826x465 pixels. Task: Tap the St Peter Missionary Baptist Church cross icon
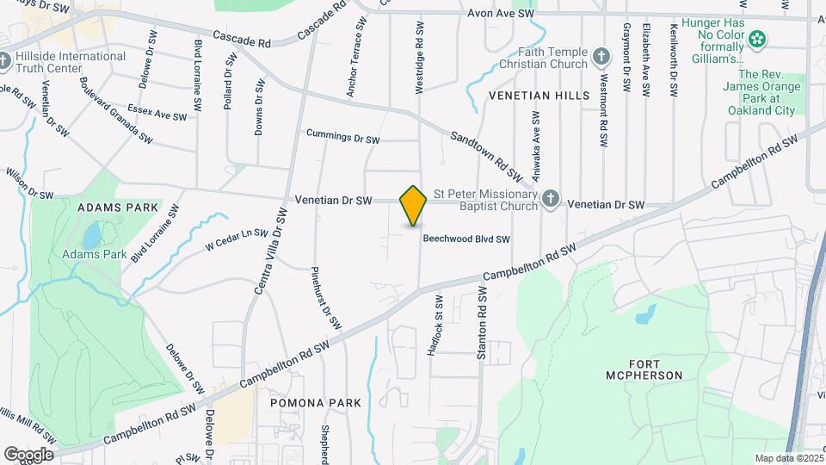click(x=551, y=201)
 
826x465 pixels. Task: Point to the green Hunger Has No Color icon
click(x=757, y=39)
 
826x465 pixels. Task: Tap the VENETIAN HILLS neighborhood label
click(x=539, y=96)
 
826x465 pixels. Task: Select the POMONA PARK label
click(x=316, y=403)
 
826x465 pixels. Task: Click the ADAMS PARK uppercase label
click(x=118, y=208)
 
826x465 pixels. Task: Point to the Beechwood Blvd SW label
click(x=466, y=239)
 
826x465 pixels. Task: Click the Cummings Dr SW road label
click(x=342, y=137)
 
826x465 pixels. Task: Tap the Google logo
click(x=28, y=454)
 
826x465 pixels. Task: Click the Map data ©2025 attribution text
click(x=787, y=458)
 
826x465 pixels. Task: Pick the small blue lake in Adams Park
click(x=92, y=234)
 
